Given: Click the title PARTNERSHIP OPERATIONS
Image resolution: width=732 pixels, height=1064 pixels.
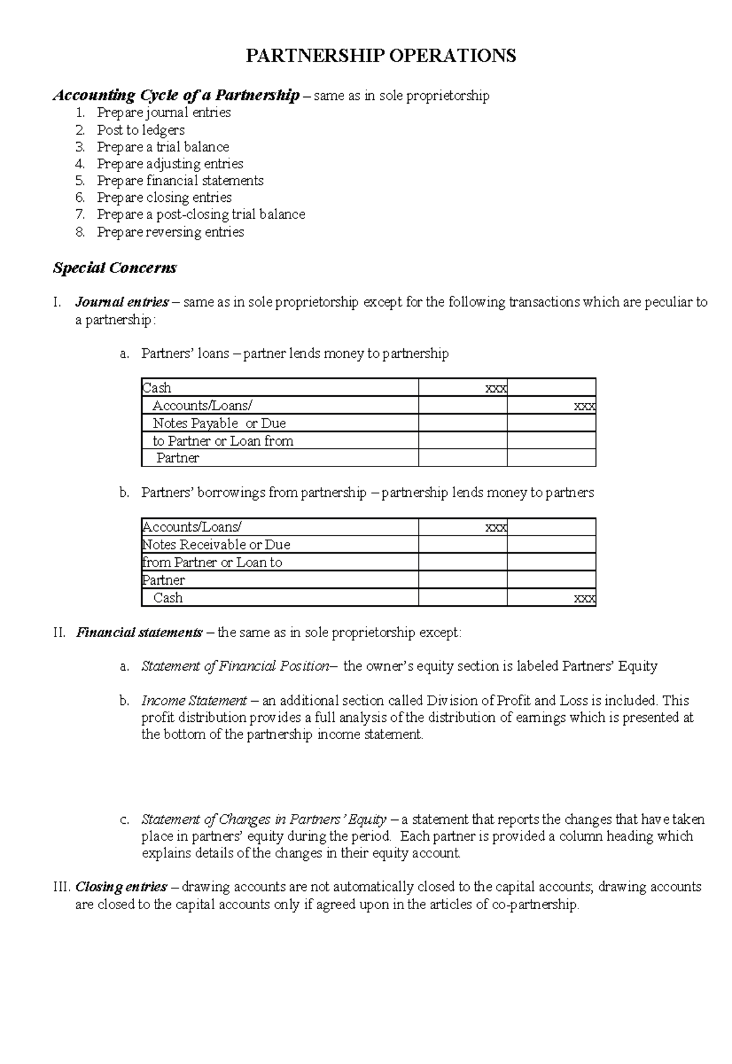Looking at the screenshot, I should pos(381,56).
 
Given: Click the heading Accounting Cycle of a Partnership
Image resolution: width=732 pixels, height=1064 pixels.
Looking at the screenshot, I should pos(176,95).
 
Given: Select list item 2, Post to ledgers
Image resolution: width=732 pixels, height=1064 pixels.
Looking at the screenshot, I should pos(140,130).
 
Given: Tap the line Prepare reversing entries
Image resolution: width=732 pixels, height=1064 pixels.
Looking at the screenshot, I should pos(170,232).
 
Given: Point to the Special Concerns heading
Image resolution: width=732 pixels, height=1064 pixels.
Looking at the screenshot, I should pos(115,268).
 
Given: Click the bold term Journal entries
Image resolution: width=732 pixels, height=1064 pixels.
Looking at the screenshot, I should pos(121,302).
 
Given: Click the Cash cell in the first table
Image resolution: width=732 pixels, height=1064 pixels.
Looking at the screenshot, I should pos(157,388).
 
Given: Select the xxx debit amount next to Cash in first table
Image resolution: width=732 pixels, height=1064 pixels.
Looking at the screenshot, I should pos(495,388).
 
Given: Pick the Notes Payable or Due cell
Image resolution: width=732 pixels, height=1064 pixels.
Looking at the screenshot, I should pos(218,423).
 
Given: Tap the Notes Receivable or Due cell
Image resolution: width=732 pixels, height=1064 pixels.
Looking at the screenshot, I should pos(216,544).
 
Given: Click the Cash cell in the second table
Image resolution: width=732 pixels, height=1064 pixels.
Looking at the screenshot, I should pos(168,598).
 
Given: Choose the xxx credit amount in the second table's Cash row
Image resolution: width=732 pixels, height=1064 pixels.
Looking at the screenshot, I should pos(584,598).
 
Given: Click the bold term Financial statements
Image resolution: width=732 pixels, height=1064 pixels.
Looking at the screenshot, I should pos(138,632).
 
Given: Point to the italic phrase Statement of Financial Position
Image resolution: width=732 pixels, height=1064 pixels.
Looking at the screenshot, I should pos(235,666).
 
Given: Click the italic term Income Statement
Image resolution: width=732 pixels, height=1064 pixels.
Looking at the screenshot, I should pos(194,701).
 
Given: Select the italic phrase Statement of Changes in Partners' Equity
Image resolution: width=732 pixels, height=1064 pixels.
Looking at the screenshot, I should pos(264,819).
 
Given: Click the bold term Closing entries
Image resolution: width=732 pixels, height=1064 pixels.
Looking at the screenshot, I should pos(121,887).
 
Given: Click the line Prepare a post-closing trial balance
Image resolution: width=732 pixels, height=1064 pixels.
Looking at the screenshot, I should pos(201,214).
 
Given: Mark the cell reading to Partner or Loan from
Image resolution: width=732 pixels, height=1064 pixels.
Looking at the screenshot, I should pos(223,441).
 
